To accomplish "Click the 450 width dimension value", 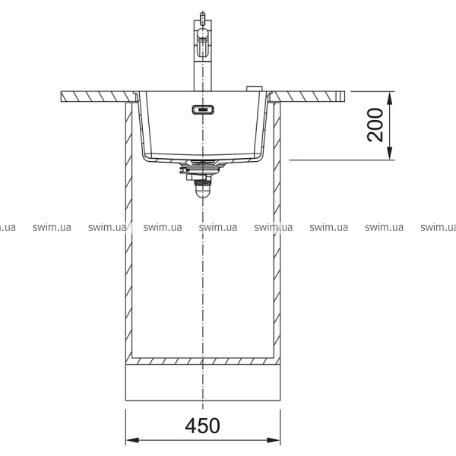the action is click(202, 426).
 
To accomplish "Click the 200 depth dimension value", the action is click(375, 125).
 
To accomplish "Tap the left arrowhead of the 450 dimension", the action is click(132, 440).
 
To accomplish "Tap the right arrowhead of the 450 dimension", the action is click(274, 440).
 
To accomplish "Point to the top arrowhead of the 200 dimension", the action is click(390, 98).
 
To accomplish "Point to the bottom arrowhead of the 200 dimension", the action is click(390, 154).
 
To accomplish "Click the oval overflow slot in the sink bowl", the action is click(203, 109).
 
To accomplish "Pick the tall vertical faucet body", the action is click(203, 55).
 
